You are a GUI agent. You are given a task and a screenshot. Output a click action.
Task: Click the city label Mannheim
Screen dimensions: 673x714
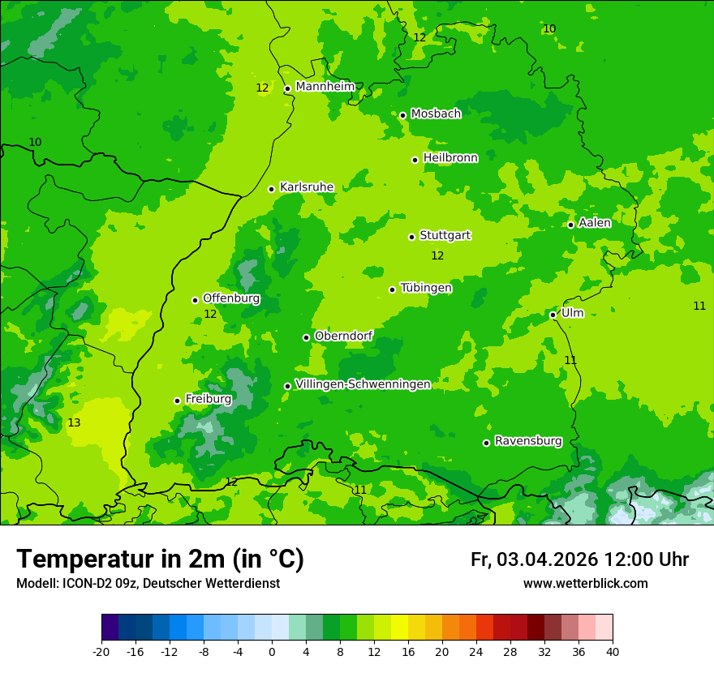(325, 87)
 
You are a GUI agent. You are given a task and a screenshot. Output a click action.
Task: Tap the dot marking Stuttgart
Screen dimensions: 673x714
(411, 237)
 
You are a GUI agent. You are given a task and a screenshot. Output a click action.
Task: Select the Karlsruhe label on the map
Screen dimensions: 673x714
(306, 187)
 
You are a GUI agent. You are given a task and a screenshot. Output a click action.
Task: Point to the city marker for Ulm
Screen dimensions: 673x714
(553, 315)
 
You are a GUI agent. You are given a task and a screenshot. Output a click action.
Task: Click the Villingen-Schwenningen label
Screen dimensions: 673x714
(363, 384)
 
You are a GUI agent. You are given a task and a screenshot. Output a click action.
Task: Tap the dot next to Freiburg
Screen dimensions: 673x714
(177, 401)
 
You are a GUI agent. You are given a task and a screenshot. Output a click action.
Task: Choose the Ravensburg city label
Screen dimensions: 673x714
(527, 441)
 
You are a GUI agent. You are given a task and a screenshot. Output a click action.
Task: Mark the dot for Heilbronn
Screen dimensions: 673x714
(415, 160)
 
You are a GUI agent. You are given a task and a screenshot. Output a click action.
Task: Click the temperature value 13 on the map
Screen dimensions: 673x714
(74, 423)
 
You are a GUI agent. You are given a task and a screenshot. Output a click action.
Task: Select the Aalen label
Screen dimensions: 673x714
(594, 223)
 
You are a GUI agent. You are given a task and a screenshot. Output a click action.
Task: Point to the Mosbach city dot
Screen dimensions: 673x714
(402, 115)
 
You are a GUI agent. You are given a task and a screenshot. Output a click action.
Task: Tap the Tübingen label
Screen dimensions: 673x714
(426, 288)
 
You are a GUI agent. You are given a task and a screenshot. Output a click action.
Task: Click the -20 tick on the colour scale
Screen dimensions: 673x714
(101, 651)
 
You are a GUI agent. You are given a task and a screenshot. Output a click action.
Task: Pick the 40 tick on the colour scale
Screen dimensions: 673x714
(613, 651)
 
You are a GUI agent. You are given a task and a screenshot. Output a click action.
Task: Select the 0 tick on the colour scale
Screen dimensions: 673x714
(272, 651)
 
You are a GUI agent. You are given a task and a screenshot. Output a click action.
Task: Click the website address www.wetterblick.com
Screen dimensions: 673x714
(585, 584)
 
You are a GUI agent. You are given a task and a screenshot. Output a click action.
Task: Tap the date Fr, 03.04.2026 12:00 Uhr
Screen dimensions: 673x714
(579, 559)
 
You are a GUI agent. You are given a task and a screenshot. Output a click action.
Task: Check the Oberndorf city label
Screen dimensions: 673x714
(343, 336)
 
